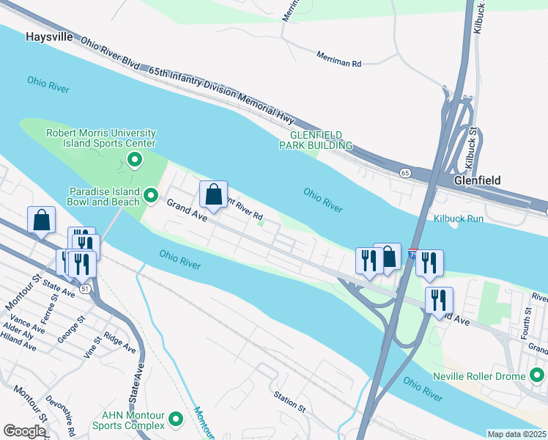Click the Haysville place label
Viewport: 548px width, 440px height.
pos(50,36)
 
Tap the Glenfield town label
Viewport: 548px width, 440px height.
pos(477,180)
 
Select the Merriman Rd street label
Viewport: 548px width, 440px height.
pos(339,59)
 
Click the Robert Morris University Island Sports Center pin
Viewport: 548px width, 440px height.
pos(135,159)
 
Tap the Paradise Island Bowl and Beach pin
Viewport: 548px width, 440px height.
pos(151,195)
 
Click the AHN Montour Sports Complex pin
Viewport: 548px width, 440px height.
pos(176,419)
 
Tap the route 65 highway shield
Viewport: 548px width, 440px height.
pos(405,172)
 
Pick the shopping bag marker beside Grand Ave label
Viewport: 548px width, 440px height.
pos(213,196)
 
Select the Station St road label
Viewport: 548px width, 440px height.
pos(289,403)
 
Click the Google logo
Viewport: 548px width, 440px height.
pos(24,431)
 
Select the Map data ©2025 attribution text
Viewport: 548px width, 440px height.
pos(516,434)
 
